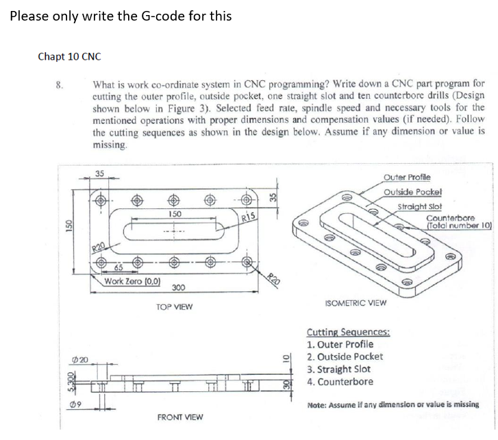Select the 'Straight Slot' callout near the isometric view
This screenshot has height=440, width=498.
tap(419, 206)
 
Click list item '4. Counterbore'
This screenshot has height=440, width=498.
tap(340, 382)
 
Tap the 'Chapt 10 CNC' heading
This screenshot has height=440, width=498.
tap(69, 56)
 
